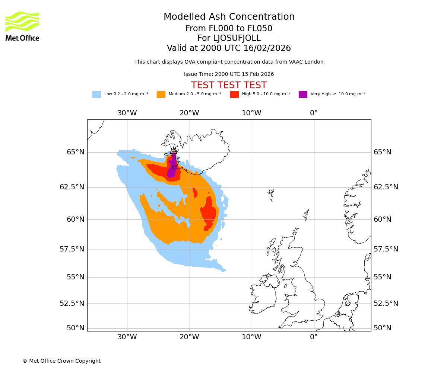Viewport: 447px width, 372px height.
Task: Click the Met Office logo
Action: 22,26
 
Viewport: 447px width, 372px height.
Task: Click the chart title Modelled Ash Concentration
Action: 229,17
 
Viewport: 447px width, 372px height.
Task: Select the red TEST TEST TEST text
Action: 229,85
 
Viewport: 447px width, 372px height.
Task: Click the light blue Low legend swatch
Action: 96,94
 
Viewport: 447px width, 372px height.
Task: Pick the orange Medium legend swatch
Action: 161,94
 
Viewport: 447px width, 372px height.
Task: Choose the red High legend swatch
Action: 234,94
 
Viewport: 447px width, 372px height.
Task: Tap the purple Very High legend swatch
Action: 303,94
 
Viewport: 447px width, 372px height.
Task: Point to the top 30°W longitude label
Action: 127,113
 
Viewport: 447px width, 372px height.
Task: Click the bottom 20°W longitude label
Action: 189,337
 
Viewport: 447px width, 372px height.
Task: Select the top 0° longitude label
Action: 314,113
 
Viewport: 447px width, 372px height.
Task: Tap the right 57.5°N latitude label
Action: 386,249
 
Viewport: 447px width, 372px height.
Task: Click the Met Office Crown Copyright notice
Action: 61,361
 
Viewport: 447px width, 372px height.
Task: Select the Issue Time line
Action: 229,74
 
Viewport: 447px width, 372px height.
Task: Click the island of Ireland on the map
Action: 263,294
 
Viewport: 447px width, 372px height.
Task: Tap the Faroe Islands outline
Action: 271,194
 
